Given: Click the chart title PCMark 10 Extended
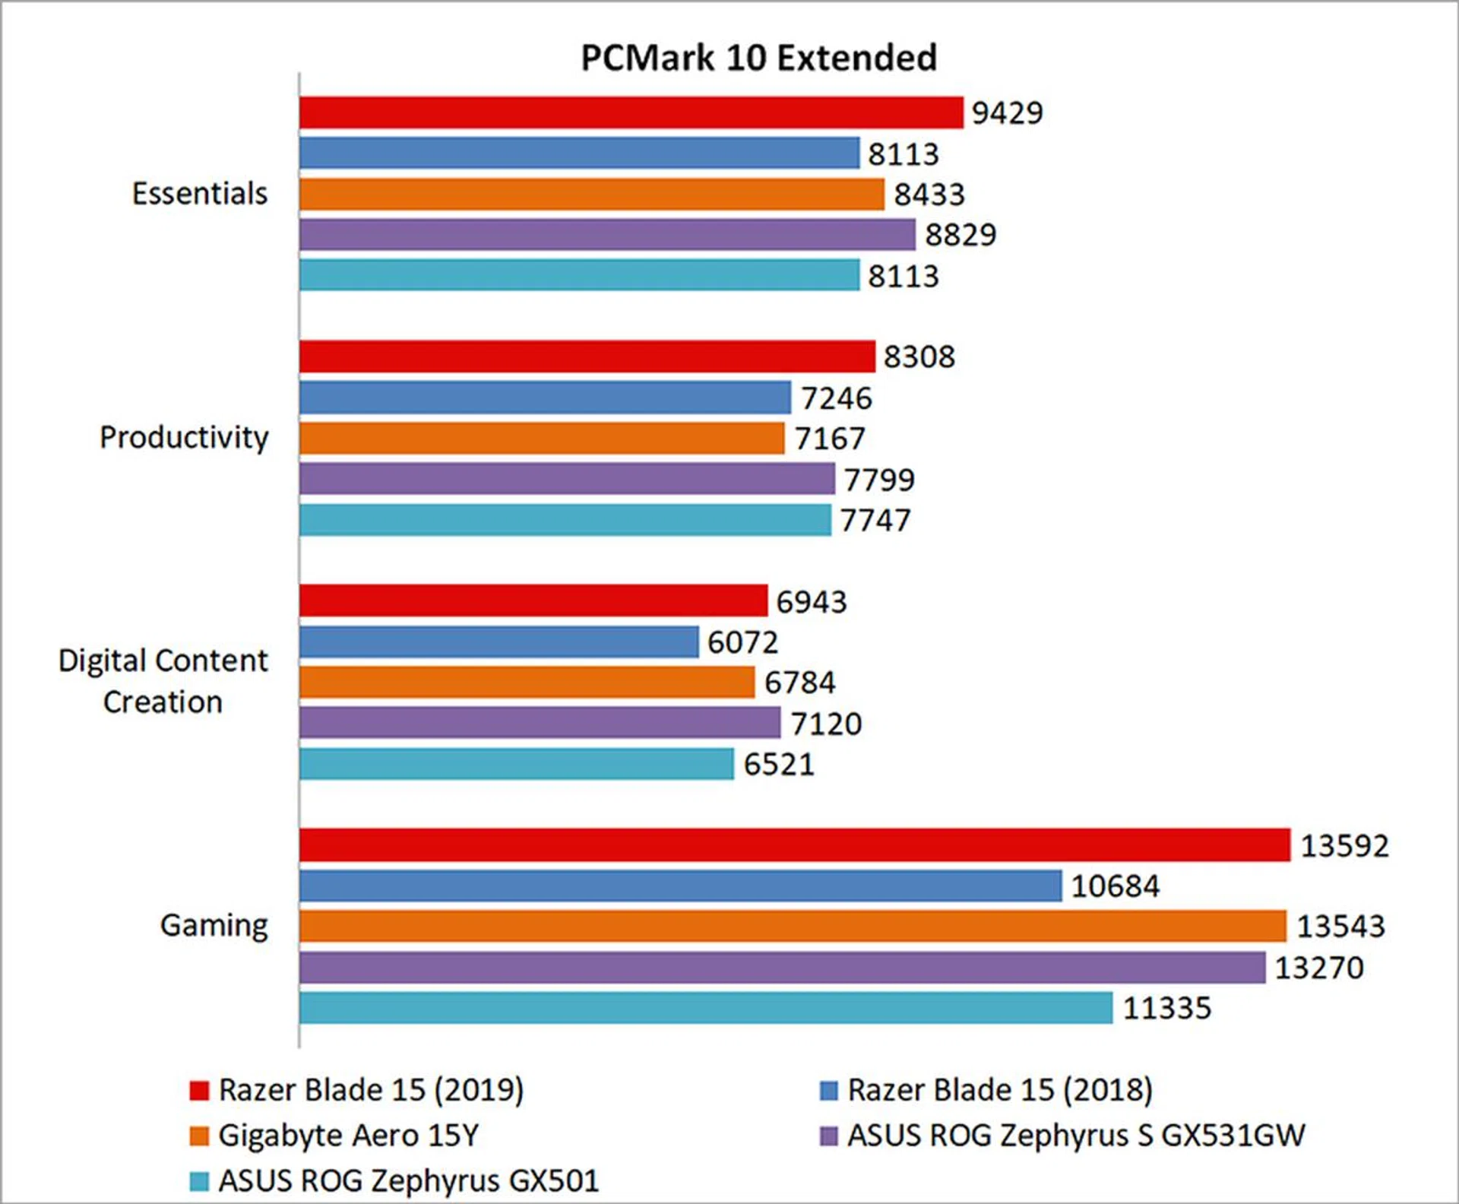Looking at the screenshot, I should pyautogui.click(x=758, y=58).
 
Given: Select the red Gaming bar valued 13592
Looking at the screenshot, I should pyautogui.click(x=794, y=845).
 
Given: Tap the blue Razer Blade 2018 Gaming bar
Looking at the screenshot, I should pyautogui.click(x=680, y=886).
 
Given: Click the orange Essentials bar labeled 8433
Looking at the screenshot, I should pyautogui.click(x=591, y=194).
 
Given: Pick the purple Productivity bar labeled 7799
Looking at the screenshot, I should pyautogui.click(x=567, y=479).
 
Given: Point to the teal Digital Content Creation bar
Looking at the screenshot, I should pyautogui.click(x=517, y=764).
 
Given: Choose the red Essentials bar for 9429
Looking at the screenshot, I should pyautogui.click(x=631, y=112).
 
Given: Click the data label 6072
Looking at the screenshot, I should pyautogui.click(x=742, y=642).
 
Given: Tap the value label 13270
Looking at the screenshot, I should pyautogui.click(x=1318, y=968).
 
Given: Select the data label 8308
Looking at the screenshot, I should pyautogui.click(x=919, y=356).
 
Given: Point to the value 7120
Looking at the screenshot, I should pyautogui.click(x=826, y=724).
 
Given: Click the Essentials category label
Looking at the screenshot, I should pyautogui.click(x=200, y=194).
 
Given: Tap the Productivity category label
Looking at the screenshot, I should pyautogui.click(x=184, y=438).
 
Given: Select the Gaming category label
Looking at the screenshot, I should pyautogui.click(x=214, y=926).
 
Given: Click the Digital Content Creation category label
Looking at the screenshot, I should pyautogui.click(x=163, y=681).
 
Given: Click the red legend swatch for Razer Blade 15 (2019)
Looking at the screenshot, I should pyautogui.click(x=199, y=1091).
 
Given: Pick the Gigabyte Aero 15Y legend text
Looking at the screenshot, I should pyautogui.click(x=349, y=1136).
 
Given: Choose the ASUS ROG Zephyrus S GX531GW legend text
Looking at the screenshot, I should pyautogui.click(x=1076, y=1136).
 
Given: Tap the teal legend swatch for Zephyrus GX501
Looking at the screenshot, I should pyautogui.click(x=199, y=1181).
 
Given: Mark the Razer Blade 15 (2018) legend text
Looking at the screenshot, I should pyautogui.click(x=1000, y=1090).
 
